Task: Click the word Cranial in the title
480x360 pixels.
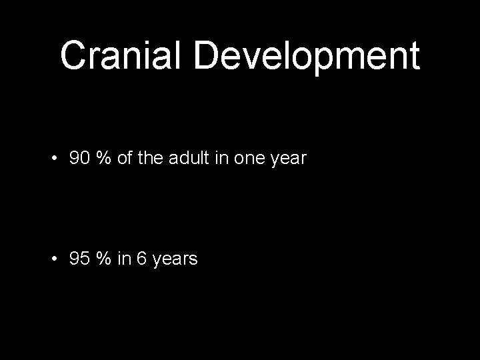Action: [x=120, y=56]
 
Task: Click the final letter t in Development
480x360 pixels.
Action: [x=414, y=56]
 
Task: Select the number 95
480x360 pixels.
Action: [x=79, y=258]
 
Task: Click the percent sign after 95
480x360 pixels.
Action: [x=103, y=258]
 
